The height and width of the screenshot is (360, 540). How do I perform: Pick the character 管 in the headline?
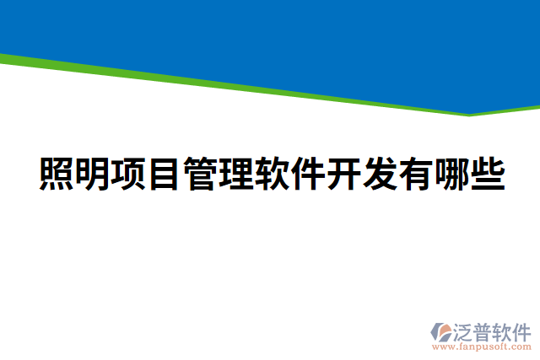click(201, 174)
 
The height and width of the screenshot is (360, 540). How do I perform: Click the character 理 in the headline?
click(236, 174)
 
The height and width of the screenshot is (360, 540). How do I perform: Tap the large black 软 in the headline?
click(273, 174)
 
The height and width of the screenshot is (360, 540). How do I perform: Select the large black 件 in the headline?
click(308, 174)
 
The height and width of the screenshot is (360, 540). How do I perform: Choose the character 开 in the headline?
click(344, 174)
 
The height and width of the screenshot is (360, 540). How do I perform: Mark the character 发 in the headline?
click(380, 174)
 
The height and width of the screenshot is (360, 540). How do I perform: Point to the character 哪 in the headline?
click(451, 174)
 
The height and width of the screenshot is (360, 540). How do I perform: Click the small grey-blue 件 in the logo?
click(522, 330)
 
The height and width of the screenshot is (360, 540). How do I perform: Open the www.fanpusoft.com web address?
click(481, 346)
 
